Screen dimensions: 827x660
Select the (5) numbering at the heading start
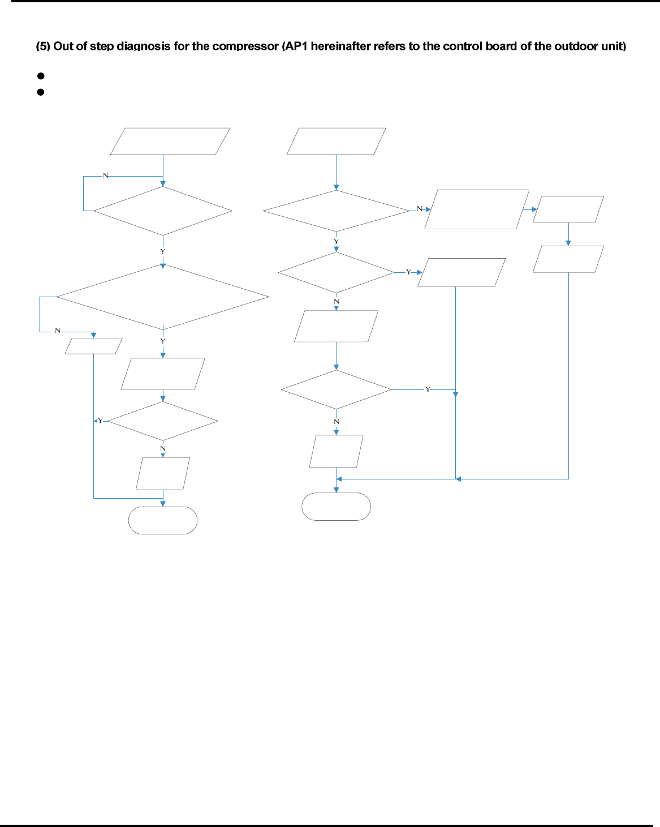click(43, 46)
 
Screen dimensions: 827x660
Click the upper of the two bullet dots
click(41, 76)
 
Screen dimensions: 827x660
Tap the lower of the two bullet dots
click(41, 92)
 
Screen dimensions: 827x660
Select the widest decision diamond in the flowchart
click(163, 297)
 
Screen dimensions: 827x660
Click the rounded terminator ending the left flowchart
click(163, 520)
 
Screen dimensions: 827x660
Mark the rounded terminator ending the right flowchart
click(336, 506)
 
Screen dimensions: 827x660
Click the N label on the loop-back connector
click(106, 176)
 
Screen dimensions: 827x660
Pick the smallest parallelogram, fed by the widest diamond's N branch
click(93, 346)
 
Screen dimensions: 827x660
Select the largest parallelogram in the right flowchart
click(477, 209)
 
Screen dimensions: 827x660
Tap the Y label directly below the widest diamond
click(163, 341)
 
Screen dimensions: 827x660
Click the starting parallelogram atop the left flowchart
click(170, 142)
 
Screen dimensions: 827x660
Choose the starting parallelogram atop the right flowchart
click(336, 142)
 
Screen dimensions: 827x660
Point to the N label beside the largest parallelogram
click(420, 209)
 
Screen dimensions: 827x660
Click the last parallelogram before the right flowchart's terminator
click(336, 451)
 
